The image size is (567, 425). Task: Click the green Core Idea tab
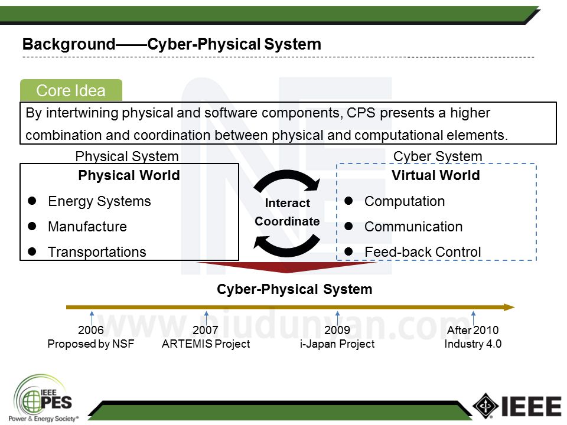click(x=71, y=91)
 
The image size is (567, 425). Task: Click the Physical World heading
click(x=129, y=176)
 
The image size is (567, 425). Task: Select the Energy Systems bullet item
click(x=99, y=201)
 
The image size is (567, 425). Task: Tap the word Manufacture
click(x=87, y=227)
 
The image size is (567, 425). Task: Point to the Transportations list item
click(x=97, y=252)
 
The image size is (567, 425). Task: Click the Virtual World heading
click(x=435, y=176)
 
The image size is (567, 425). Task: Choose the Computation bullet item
click(x=405, y=201)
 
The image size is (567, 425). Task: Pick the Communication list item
click(x=413, y=227)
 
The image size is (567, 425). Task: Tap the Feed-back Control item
click(x=422, y=252)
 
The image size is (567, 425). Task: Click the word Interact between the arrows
click(x=287, y=203)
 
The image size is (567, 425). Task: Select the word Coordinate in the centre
click(x=287, y=221)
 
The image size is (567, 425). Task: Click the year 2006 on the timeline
click(x=91, y=331)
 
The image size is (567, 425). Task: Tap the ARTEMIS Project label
click(x=206, y=344)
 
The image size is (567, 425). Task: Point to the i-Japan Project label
click(x=337, y=344)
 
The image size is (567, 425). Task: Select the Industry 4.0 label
click(x=472, y=344)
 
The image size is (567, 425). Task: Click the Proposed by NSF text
click(x=91, y=344)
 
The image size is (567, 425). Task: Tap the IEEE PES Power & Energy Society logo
click(x=46, y=399)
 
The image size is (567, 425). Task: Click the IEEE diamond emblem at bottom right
click(x=485, y=406)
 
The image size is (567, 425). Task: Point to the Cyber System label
click(x=438, y=156)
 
